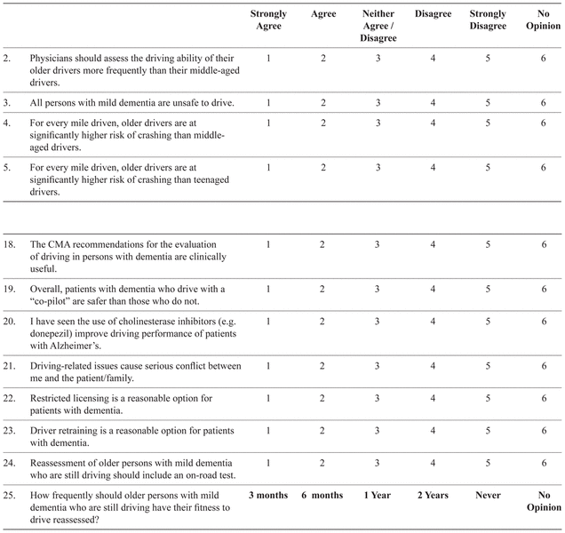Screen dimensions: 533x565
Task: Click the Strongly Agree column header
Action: (x=268, y=20)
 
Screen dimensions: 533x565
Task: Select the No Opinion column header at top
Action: (x=544, y=20)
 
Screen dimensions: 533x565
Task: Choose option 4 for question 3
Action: (x=433, y=103)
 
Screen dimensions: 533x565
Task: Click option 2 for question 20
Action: (x=323, y=322)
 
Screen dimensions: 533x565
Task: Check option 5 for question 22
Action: (x=488, y=398)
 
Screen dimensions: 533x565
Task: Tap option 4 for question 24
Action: (x=433, y=463)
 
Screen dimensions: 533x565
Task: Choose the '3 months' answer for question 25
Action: (x=268, y=495)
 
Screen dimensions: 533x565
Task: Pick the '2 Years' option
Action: (x=433, y=495)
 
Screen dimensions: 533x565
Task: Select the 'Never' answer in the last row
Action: (x=488, y=495)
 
